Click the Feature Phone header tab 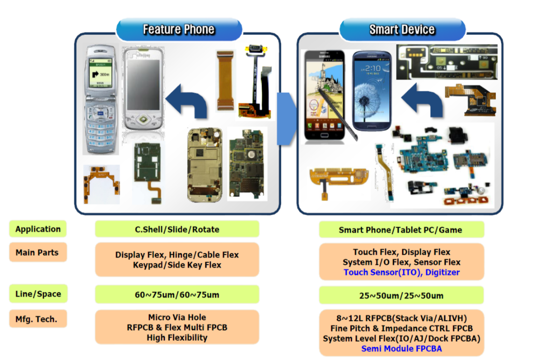(179, 29)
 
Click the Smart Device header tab (402, 29)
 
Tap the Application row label (38, 229)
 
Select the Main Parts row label (37, 252)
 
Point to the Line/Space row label (38, 294)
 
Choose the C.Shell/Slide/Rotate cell (177, 229)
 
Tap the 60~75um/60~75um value (177, 294)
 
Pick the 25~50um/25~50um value (401, 295)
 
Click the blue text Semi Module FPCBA (401, 348)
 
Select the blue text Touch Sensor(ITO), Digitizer (401, 273)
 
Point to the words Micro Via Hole (177, 317)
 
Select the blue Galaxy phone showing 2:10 (372, 90)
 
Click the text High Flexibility (177, 338)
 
